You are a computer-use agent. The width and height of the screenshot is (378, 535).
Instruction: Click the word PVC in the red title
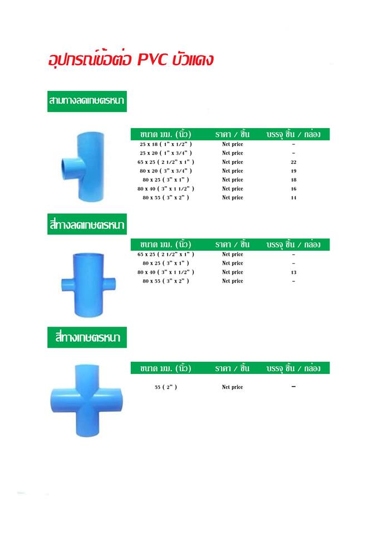[153, 60]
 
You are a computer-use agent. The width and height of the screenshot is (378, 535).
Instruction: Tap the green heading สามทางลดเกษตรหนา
[87, 101]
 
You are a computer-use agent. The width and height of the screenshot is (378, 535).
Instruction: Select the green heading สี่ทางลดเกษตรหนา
[87, 224]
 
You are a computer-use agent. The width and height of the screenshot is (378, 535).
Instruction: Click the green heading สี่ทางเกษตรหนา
[87, 338]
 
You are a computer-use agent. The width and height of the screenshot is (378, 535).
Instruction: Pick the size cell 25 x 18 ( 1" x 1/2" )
[166, 144]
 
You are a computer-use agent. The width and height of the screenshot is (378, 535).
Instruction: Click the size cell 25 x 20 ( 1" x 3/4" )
[166, 153]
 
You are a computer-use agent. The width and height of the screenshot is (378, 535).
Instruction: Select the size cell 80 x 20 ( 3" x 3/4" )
[166, 171]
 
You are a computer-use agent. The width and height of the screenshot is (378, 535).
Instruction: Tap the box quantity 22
[293, 162]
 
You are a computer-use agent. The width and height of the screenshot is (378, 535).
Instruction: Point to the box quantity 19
[293, 171]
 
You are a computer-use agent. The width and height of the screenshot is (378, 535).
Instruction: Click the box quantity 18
[293, 180]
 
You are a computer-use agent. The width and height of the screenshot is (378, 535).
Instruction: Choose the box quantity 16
[293, 189]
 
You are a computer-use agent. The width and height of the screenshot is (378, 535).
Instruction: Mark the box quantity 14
[293, 197]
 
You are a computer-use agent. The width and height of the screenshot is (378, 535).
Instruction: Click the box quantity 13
[293, 273]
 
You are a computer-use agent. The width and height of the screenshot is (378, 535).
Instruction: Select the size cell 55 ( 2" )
[166, 387]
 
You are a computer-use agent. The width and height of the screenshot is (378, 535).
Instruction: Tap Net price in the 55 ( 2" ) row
[233, 387]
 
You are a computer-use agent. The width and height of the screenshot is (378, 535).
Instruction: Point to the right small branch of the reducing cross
[110, 284]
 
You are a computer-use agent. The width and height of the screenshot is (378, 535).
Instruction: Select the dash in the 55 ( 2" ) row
[293, 387]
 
